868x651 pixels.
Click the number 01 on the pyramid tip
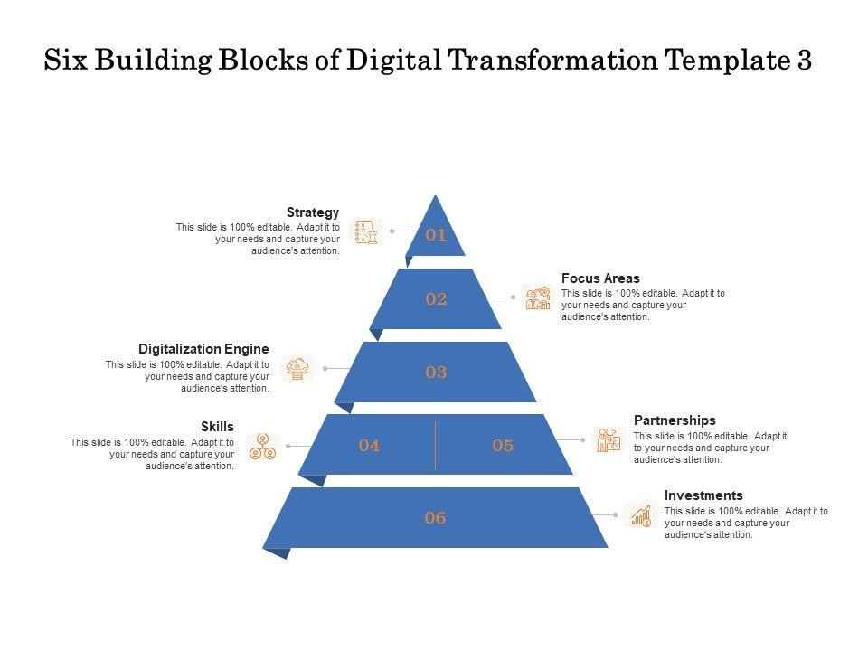click(x=436, y=235)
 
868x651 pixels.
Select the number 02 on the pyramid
click(x=436, y=299)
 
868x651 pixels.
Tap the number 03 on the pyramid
click(x=436, y=372)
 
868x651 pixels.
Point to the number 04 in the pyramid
click(x=369, y=445)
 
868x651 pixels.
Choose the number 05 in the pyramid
click(x=503, y=445)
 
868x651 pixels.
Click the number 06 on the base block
click(x=436, y=518)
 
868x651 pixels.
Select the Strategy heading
click(x=313, y=212)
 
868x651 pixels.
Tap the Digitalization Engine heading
click(x=203, y=349)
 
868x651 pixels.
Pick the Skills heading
click(x=218, y=426)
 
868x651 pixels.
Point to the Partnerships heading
click(x=675, y=420)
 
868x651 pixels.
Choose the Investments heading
click(x=703, y=495)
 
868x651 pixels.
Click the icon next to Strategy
click(x=365, y=231)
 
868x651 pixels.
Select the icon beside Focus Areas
click(x=538, y=297)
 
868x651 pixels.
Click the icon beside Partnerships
click(x=609, y=440)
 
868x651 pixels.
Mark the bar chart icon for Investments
click(x=641, y=515)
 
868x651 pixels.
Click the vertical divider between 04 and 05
click(x=436, y=445)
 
